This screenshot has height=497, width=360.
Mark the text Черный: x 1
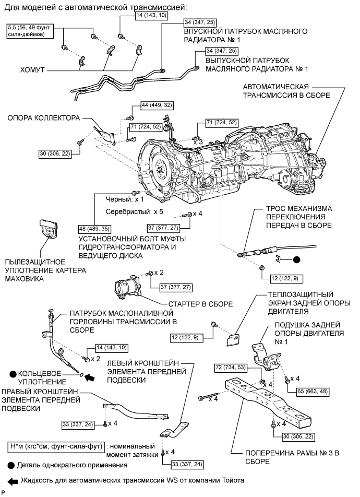point(124,199)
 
